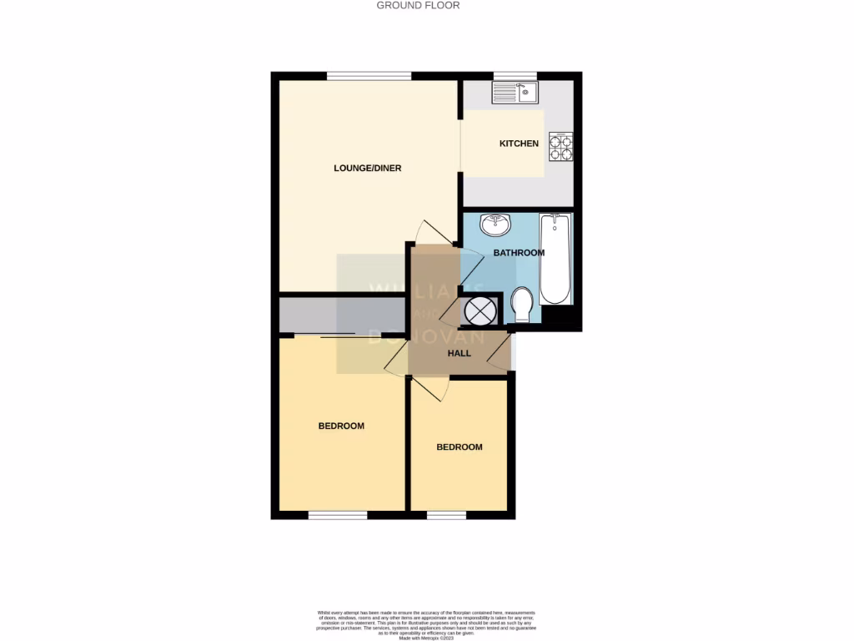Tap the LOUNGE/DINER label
367,168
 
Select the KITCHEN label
519,144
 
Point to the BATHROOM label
519,253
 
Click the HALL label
459,353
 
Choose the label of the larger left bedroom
341,426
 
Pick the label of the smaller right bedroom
460,447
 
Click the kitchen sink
515,93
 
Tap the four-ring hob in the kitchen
561,147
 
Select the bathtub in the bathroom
555,260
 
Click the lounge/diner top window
369,76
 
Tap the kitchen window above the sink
515,76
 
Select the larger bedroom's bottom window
337,515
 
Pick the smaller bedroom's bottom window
446,515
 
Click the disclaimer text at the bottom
426,624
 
